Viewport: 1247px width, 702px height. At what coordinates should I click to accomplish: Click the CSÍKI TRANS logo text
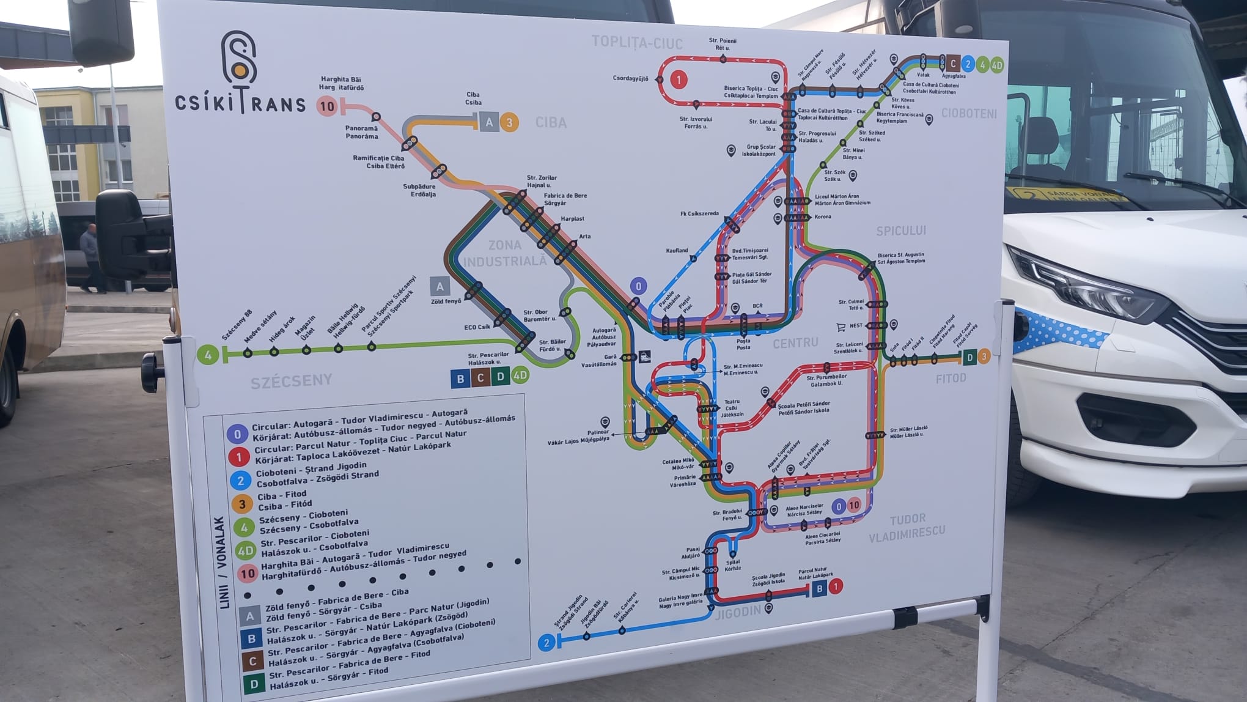pos(240,103)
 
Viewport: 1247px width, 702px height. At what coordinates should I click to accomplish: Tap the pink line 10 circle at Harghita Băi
pos(328,106)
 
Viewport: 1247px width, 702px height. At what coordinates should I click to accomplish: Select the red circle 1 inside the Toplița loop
pos(678,79)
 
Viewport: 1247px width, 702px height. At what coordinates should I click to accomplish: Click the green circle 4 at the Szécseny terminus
pos(208,355)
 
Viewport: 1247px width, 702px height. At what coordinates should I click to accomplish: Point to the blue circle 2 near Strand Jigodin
pos(546,643)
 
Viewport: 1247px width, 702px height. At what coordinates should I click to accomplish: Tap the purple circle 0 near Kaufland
pos(639,286)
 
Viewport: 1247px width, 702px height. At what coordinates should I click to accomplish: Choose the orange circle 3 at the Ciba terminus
pos(509,122)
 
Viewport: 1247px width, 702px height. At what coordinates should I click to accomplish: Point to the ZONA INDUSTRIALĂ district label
pos(505,253)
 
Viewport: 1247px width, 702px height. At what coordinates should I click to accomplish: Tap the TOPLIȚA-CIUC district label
pos(636,42)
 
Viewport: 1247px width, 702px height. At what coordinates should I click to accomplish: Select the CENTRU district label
pos(795,342)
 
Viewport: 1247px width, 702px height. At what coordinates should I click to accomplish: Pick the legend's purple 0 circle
pos(237,434)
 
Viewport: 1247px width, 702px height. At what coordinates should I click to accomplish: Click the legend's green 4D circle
pos(246,551)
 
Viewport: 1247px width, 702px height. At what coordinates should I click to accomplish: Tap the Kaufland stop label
pos(677,251)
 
